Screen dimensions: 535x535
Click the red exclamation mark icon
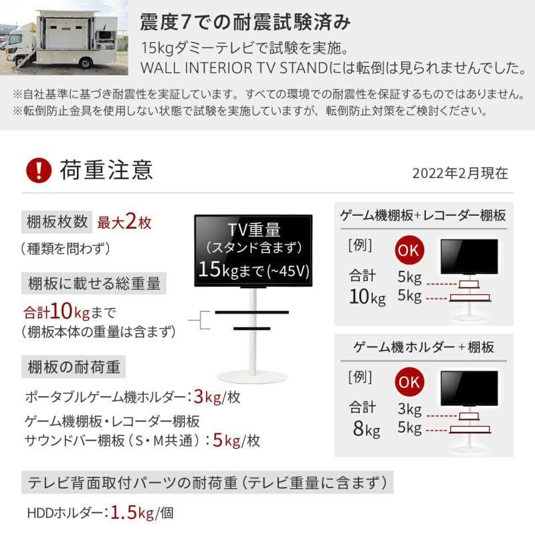click(x=39, y=170)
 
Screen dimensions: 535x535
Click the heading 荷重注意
click(x=106, y=170)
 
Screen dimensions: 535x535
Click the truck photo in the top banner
click(x=61, y=41)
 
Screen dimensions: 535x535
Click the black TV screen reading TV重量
click(x=253, y=251)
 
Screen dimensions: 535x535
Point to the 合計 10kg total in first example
click(x=367, y=286)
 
